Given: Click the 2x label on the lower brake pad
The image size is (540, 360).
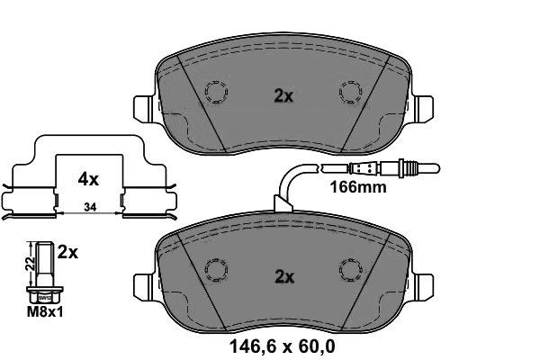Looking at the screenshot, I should (x=283, y=277).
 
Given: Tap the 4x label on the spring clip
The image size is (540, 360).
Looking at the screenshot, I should (x=87, y=179).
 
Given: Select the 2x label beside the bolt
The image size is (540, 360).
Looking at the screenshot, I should (x=67, y=253).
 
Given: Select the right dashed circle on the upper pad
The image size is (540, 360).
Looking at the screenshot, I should (x=350, y=92).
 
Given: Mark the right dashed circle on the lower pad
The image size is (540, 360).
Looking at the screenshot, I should (x=350, y=269).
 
